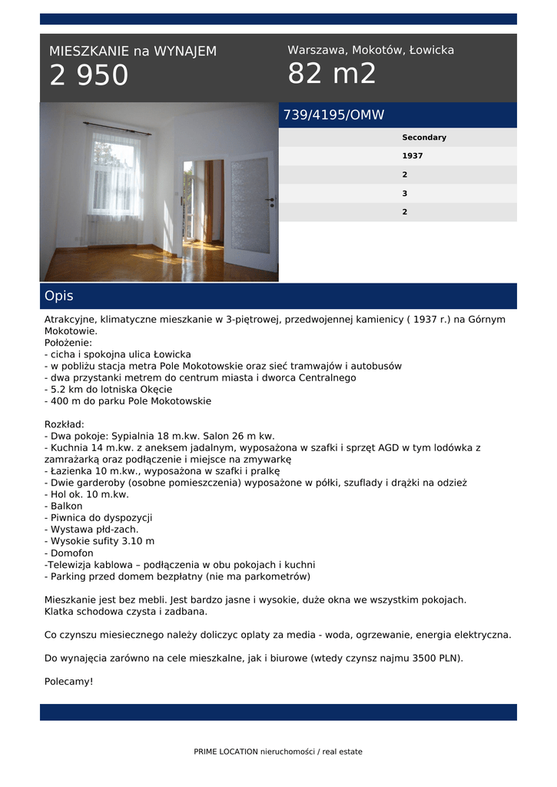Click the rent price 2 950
(x=89, y=76)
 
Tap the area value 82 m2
(x=332, y=74)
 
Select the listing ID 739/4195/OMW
(x=333, y=115)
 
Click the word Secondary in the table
(x=423, y=138)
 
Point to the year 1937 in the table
(x=413, y=156)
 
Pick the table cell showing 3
(x=405, y=194)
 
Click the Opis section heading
(x=59, y=296)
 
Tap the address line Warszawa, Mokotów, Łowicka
(x=370, y=50)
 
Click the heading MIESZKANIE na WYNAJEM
(x=133, y=51)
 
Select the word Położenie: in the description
(x=68, y=343)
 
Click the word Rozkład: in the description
(x=65, y=424)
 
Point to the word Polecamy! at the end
(x=68, y=681)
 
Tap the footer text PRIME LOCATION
(x=226, y=752)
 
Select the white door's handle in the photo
(x=270, y=201)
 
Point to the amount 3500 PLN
(x=436, y=658)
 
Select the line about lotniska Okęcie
(x=108, y=390)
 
